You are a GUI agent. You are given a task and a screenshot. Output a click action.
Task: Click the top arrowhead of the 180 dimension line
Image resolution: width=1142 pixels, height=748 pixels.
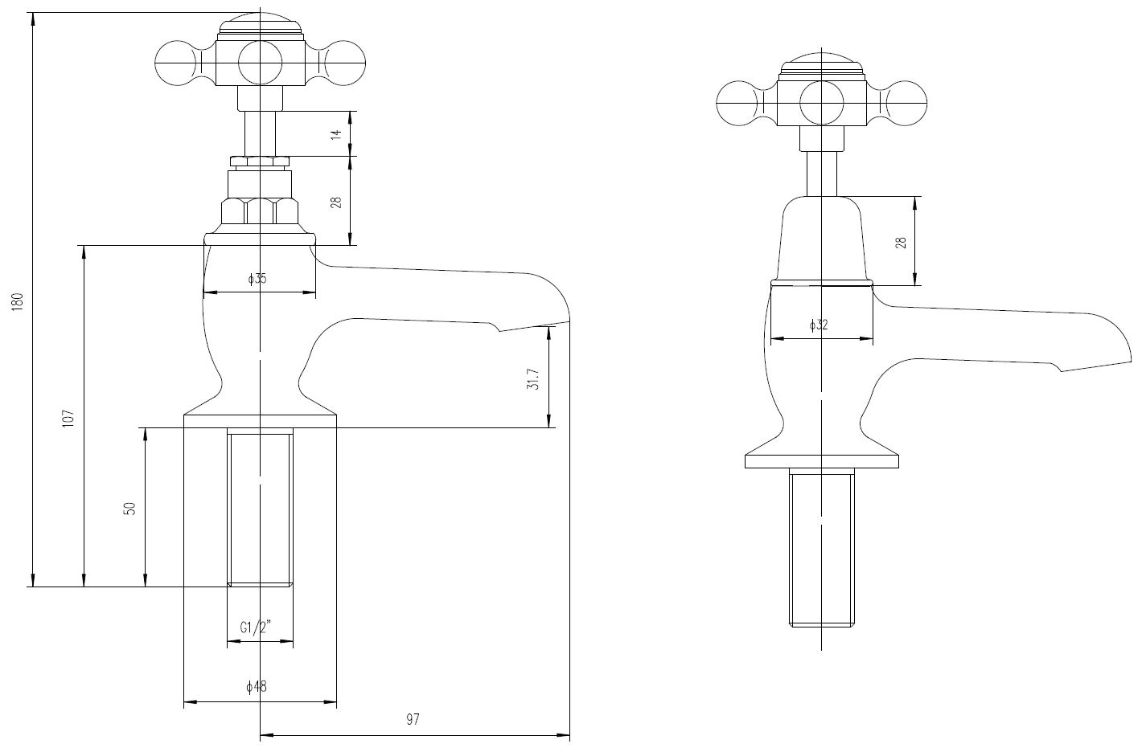click(x=33, y=18)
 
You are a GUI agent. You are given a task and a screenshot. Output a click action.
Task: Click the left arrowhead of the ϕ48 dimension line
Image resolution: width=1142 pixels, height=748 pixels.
click(x=190, y=703)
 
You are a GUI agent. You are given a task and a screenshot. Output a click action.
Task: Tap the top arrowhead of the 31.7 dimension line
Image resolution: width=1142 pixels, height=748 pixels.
click(x=549, y=333)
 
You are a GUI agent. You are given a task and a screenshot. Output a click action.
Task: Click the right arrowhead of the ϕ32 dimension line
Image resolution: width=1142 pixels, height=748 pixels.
click(x=866, y=338)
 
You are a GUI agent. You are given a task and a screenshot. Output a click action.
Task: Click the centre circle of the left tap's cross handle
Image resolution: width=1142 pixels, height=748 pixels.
click(x=260, y=63)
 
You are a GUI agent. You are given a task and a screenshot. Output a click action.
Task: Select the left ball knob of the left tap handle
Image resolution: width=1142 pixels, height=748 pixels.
click(x=175, y=63)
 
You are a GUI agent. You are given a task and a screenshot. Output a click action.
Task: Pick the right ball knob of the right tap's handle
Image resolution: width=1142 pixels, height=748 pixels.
click(x=906, y=103)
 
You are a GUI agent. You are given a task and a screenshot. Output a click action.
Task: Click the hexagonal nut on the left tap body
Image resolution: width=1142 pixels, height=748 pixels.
click(x=260, y=211)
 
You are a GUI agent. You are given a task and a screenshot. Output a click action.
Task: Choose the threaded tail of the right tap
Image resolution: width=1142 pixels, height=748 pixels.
click(x=821, y=554)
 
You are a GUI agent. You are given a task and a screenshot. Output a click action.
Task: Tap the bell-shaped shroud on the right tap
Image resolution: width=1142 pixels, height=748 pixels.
click(x=821, y=239)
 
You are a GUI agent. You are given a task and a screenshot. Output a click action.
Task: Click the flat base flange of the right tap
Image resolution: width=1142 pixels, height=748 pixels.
click(x=821, y=461)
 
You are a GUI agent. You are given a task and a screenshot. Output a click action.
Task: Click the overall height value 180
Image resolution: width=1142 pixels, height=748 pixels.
click(x=18, y=302)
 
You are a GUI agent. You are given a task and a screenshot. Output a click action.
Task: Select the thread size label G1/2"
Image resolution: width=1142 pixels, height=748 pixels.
click(x=256, y=627)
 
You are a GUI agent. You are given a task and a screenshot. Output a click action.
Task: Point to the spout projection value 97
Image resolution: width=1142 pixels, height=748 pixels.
click(x=413, y=720)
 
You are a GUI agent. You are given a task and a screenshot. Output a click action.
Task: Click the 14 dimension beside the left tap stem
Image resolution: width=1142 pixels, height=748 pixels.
click(x=335, y=134)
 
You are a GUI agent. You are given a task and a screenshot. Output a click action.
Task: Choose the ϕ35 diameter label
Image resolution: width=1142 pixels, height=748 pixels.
click(x=257, y=279)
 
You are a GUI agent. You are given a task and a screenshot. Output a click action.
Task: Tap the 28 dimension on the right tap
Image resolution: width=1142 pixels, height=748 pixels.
click(x=902, y=243)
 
